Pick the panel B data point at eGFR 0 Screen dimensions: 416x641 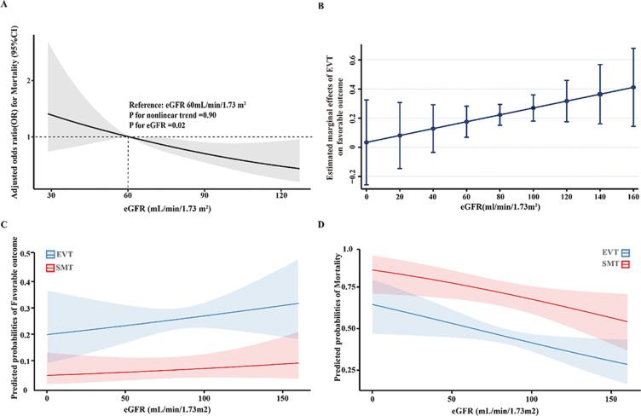tap(366, 142)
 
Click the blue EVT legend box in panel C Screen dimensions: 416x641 tap(51, 255)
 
